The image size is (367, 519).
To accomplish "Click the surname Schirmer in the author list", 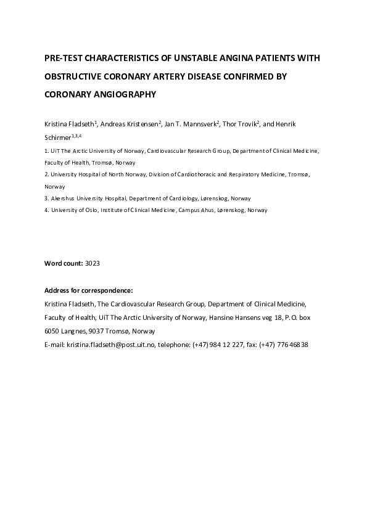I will [x=58, y=137].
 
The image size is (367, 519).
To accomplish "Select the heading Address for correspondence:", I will [x=89, y=290].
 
